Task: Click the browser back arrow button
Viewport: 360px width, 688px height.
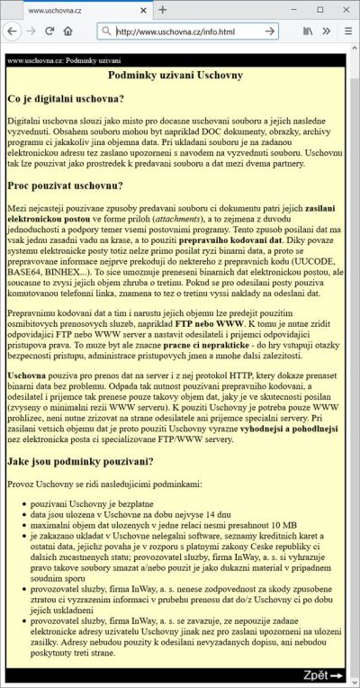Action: tap(12, 31)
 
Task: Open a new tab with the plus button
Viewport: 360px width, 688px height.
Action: tap(163, 10)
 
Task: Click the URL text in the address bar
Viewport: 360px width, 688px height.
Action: tap(176, 31)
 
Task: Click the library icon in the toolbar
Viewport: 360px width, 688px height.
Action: tap(308, 31)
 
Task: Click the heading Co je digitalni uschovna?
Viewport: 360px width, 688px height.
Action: tap(65, 98)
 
